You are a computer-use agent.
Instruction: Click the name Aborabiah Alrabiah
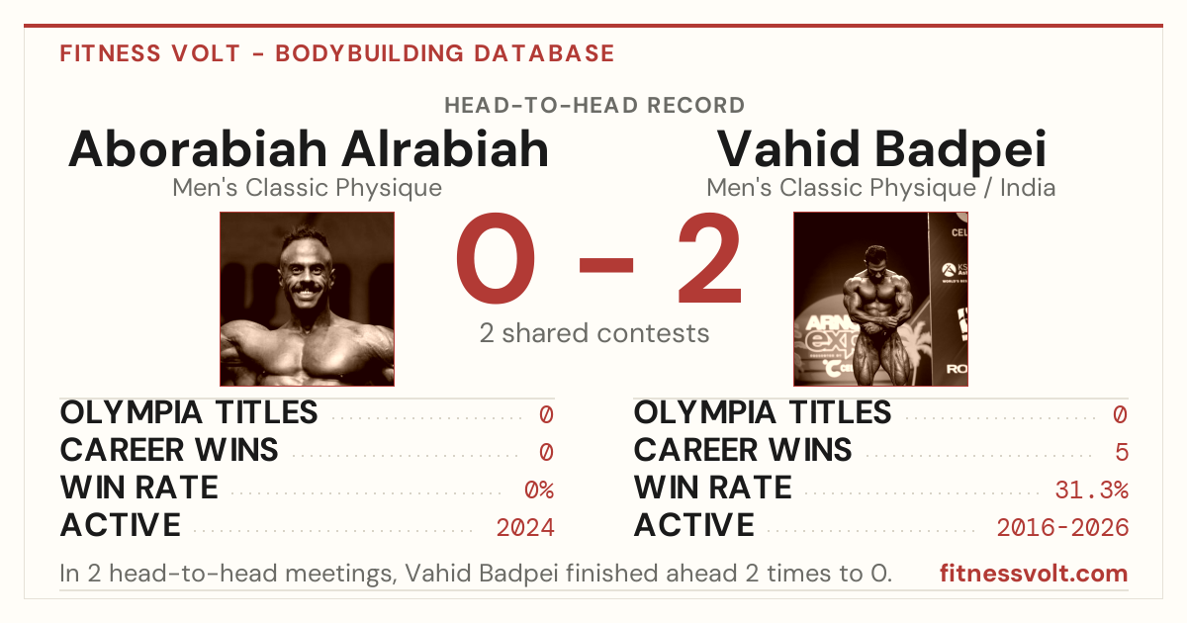pyautogui.click(x=309, y=149)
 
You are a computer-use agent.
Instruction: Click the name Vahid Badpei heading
pyautogui.click(x=881, y=151)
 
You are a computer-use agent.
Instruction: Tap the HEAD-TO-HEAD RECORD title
pyautogui.click(x=594, y=106)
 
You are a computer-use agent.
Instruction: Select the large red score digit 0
pyautogui.click(x=496, y=258)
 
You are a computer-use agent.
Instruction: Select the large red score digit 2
pyautogui.click(x=709, y=258)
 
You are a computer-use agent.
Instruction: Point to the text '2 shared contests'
pyautogui.click(x=594, y=333)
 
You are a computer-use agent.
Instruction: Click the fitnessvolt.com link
pyautogui.click(x=1034, y=574)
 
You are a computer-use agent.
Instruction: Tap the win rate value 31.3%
pyautogui.click(x=1091, y=490)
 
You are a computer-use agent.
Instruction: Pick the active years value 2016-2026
pyautogui.click(x=1062, y=528)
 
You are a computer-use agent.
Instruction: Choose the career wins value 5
pyautogui.click(x=1122, y=453)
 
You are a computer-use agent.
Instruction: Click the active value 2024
pyautogui.click(x=525, y=528)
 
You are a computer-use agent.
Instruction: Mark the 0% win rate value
pyautogui.click(x=539, y=490)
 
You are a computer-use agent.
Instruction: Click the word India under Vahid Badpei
pyautogui.click(x=1028, y=188)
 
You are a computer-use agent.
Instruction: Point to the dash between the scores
pyautogui.click(x=606, y=265)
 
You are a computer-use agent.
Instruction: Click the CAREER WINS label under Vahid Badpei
pyautogui.click(x=743, y=450)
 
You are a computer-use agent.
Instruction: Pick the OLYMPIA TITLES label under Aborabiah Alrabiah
pyautogui.click(x=189, y=412)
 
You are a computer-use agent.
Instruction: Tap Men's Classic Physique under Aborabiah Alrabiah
pyautogui.click(x=307, y=188)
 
